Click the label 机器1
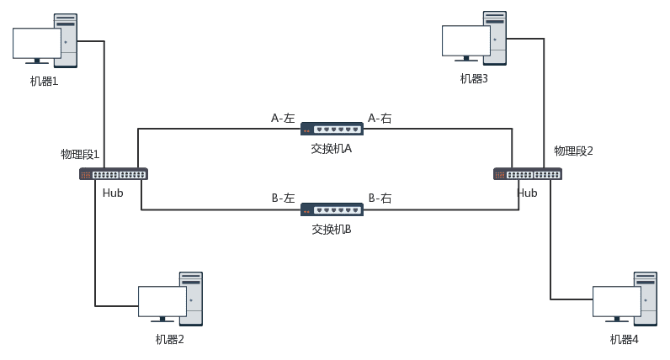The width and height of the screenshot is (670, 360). coord(44,82)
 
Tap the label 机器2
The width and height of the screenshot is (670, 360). coord(169,340)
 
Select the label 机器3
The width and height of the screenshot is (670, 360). coord(474,79)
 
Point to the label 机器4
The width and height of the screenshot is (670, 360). coord(625,340)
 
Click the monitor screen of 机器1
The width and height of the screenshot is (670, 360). coord(37,43)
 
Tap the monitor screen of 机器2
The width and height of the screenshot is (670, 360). coord(162,301)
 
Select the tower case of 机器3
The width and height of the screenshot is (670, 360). coord(495,37)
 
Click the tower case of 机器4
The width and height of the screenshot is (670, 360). coord(646,298)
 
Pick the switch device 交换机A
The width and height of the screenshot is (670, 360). coord(332,129)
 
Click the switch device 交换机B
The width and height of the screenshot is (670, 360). coord(332,209)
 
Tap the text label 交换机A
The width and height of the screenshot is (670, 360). coord(332,149)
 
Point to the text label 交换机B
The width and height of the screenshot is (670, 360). coord(332,230)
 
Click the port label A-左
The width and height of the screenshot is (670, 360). coord(283,119)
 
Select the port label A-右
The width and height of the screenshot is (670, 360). coord(380,119)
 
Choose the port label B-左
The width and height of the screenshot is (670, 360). coord(283,199)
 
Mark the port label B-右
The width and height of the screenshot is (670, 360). coord(380,199)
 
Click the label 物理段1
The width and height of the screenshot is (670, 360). coord(80,155)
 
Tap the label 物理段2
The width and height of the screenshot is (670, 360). coord(573,151)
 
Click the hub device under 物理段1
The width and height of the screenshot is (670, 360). coord(113,174)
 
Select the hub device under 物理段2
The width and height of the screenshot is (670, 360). coord(527,174)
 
